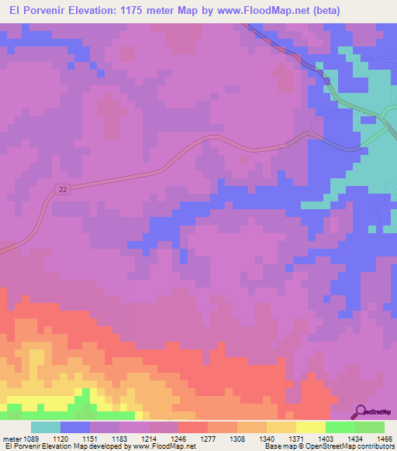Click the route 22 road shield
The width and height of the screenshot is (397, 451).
[x=63, y=189]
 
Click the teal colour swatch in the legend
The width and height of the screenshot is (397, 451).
[x=46, y=427]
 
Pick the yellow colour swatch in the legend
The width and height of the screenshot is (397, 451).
[x=311, y=427]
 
